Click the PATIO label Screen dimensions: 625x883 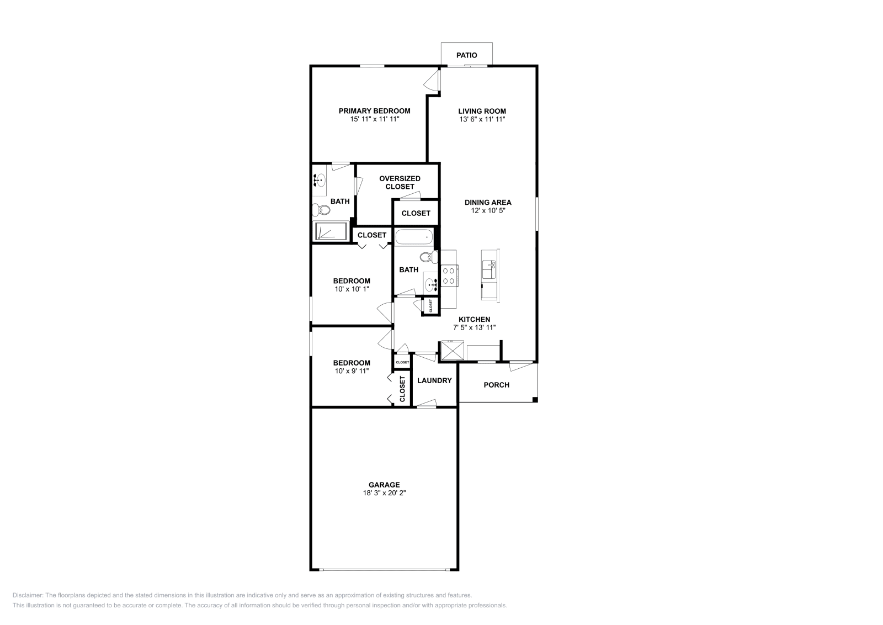click(x=466, y=55)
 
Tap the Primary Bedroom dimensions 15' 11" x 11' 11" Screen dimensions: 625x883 click(x=374, y=119)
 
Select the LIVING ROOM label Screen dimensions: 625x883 click(x=482, y=111)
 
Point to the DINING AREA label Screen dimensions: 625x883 click(x=487, y=203)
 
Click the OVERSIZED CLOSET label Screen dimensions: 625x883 click(x=400, y=182)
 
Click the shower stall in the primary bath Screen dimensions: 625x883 click(x=330, y=231)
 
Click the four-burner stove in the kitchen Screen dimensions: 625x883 click(x=448, y=275)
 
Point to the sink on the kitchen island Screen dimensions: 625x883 click(x=489, y=270)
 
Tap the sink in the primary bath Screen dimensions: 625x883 click(x=319, y=179)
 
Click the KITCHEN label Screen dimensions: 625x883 click(x=474, y=319)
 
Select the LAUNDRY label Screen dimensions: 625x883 click(x=434, y=380)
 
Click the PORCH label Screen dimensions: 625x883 click(x=496, y=385)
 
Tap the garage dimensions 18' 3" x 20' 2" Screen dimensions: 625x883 click(x=384, y=493)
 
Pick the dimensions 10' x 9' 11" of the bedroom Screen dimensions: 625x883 click(x=352, y=371)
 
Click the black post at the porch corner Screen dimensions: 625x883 click(x=534, y=399)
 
